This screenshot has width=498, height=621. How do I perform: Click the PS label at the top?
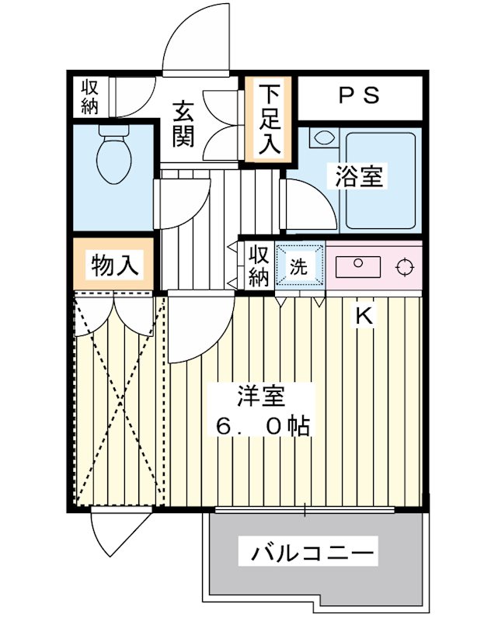point(359,96)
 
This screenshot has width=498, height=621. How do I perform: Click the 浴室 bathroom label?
point(359,176)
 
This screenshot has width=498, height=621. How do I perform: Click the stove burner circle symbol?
point(402,268)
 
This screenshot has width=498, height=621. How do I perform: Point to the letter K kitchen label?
point(364,316)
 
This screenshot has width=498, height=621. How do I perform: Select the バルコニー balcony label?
point(313,554)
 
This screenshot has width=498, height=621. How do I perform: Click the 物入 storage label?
point(115,265)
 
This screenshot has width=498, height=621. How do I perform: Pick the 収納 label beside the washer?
point(259,265)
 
